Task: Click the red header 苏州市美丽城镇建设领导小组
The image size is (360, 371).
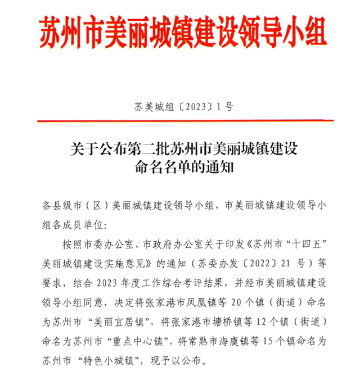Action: coord(183,32)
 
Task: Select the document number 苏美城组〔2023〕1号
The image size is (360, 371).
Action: coord(183,106)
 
